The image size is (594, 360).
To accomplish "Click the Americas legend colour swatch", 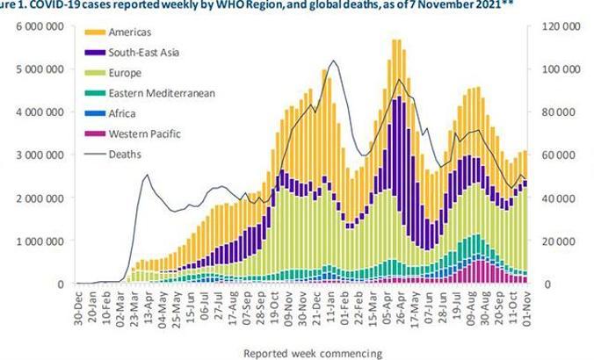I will [95, 32].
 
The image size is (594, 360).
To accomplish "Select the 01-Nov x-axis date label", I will [526, 306].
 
